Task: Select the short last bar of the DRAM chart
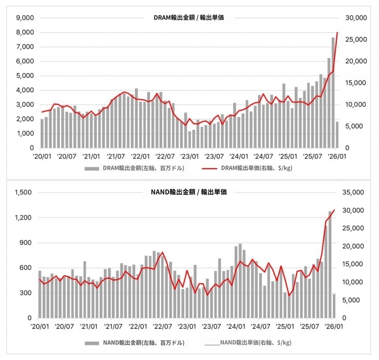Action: pos(337,135)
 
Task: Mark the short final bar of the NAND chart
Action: pos(334,306)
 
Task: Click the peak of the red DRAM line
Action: pos(338,33)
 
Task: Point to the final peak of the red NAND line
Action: pos(334,210)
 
